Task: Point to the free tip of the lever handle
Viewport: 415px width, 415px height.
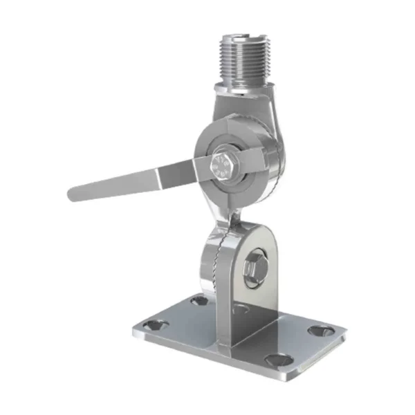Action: pos(73,193)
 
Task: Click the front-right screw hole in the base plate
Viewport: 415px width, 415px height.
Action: pos(277,360)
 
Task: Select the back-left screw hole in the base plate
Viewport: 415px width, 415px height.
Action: pos(199,300)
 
